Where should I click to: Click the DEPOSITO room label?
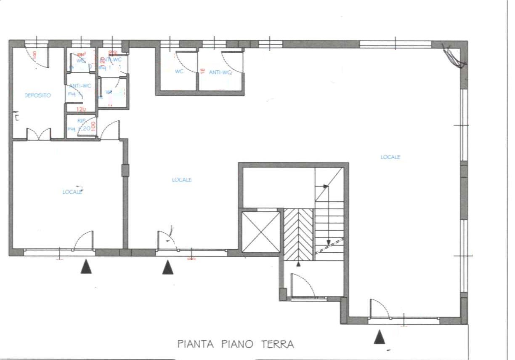pos(37,96)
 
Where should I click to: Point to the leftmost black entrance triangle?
pos(86,267)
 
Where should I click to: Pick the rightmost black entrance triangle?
pos(380,337)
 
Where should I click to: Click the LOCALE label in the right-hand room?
pos(390,157)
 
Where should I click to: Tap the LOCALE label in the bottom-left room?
pos(72,192)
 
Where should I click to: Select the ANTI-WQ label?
pos(220,72)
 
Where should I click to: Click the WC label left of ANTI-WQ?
pos(179,72)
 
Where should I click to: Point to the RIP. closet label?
pos(81,120)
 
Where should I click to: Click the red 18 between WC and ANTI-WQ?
pos(202,71)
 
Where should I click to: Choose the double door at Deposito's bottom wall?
pos(39,134)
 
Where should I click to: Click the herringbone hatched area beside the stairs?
pos(298,234)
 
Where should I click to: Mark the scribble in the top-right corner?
pos(455,56)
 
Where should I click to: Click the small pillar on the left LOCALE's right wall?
pos(125,170)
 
